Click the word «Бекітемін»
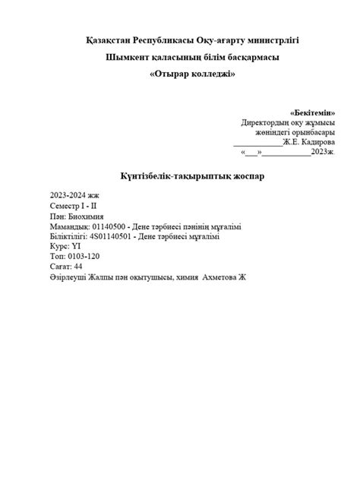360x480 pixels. pyautogui.click(x=313, y=112)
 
